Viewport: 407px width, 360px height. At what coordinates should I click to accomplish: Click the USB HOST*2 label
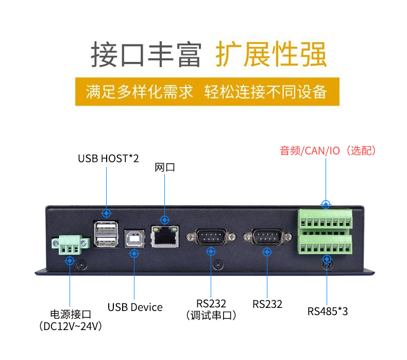pyautogui.click(x=108, y=158)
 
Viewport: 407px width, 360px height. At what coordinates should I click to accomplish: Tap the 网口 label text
pyautogui.click(x=165, y=168)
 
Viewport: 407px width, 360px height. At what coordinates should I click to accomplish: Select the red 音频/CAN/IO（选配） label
pyautogui.click(x=328, y=151)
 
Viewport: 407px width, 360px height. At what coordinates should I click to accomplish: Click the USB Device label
pyautogui.click(x=135, y=307)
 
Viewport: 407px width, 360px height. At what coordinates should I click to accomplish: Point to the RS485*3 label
pyautogui.click(x=328, y=312)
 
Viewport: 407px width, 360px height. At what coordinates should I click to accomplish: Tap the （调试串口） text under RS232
pyautogui.click(x=211, y=315)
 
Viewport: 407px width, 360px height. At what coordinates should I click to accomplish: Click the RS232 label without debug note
pyautogui.click(x=267, y=304)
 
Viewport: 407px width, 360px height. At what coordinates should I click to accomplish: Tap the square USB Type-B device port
pyautogui.click(x=134, y=238)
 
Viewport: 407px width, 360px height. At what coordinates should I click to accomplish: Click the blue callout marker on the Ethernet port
pyautogui.click(x=164, y=220)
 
